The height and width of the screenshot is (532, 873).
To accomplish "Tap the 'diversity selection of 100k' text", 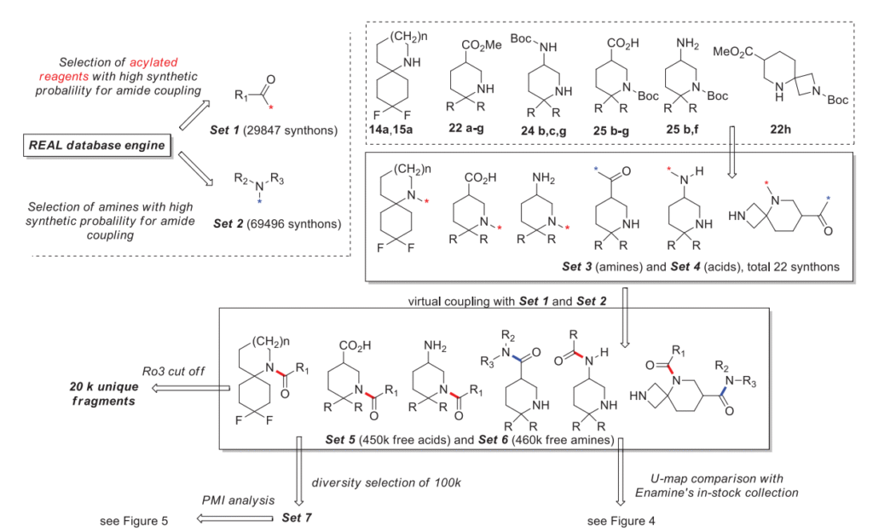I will (x=387, y=483).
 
